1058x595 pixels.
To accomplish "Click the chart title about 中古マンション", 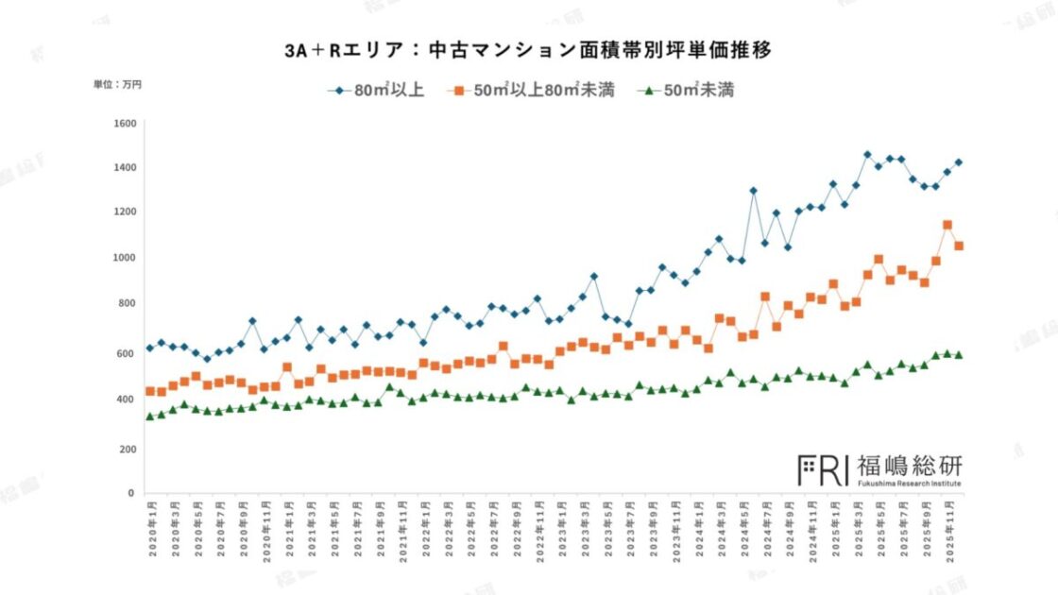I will (x=528, y=51).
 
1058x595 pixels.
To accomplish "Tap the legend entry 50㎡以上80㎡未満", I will (x=534, y=91).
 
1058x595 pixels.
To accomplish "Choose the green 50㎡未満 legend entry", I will (x=689, y=91).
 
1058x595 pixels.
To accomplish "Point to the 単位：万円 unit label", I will (x=117, y=85).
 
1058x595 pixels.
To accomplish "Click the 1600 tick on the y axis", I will (x=125, y=124).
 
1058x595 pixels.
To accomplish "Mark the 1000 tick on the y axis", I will (x=125, y=258).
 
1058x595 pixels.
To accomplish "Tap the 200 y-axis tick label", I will (x=128, y=449).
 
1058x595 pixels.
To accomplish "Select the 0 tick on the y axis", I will (x=132, y=493).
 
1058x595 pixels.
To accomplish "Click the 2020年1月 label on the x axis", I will (x=150, y=533).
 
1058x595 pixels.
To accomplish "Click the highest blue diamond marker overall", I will (x=867, y=154).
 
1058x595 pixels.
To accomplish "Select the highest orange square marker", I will (x=947, y=225).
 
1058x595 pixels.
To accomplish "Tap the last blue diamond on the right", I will (x=958, y=161).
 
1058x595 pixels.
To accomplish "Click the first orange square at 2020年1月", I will (x=150, y=391).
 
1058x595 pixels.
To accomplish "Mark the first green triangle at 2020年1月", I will (x=150, y=416).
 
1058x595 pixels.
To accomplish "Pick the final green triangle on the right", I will (x=958, y=355).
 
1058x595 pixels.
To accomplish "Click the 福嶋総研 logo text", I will (x=909, y=466).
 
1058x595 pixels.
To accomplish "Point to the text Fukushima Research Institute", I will (x=909, y=484).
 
